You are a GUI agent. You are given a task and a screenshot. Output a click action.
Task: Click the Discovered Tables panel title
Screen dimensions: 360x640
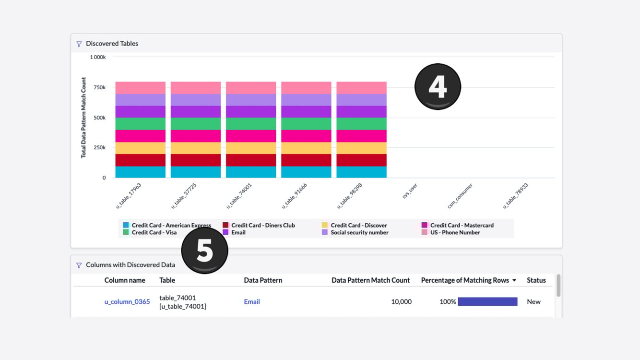(x=112, y=44)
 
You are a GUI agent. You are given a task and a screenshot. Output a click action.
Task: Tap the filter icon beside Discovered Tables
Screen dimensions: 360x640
(x=79, y=44)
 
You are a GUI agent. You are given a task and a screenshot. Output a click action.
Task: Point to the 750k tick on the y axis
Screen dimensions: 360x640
(x=100, y=87)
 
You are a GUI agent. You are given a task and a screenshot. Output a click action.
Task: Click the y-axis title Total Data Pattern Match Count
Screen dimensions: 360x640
(x=83, y=118)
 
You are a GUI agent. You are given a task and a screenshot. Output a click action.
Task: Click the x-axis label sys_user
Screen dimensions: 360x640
(x=410, y=192)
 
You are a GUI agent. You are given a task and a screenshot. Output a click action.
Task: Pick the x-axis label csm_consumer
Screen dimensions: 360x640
(x=460, y=196)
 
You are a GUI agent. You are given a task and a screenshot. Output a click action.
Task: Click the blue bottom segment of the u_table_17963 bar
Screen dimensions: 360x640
(x=140, y=172)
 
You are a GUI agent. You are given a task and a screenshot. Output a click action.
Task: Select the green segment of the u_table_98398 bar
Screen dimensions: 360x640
(x=361, y=124)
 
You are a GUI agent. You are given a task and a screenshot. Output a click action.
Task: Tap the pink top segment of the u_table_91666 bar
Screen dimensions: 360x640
(x=306, y=88)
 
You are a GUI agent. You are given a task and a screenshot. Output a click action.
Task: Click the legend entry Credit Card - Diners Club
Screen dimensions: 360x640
(x=263, y=225)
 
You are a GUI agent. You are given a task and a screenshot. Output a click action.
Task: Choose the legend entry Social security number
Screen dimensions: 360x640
(x=359, y=232)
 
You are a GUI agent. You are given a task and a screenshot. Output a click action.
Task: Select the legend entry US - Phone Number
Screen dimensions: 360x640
(x=455, y=232)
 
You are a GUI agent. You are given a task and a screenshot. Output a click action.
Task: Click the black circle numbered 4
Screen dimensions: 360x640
(x=438, y=86)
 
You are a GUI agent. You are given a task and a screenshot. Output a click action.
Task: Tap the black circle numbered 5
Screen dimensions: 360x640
(x=205, y=250)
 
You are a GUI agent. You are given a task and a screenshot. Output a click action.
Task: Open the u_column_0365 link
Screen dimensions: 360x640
(x=127, y=302)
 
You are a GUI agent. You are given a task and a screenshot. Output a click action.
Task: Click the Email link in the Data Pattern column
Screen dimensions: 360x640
(x=252, y=302)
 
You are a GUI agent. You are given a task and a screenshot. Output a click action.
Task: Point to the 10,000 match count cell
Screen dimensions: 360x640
(x=401, y=302)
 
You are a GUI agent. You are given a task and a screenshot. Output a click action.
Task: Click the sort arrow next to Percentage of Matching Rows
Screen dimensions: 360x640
(x=514, y=280)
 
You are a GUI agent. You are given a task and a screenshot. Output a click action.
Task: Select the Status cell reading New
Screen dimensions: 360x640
(x=533, y=302)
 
